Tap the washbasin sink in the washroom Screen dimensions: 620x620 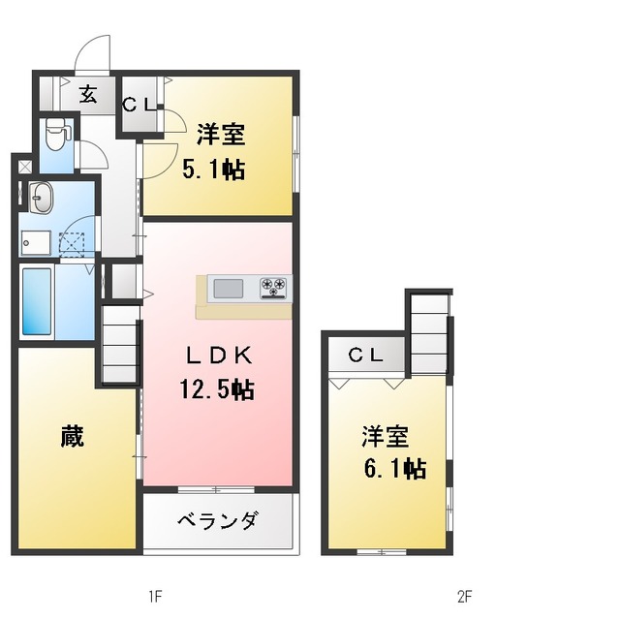[40, 198]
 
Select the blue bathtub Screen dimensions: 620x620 [37, 301]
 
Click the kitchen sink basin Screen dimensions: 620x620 [229, 289]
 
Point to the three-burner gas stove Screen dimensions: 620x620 [273, 288]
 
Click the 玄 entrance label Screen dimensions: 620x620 [88, 94]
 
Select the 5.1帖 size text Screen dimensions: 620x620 [213, 170]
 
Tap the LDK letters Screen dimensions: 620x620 [219, 356]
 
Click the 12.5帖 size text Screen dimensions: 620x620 [217, 389]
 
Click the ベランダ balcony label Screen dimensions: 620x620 [218, 520]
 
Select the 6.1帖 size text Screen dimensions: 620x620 [394, 469]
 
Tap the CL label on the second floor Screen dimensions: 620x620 [366, 356]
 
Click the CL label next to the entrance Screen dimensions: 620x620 [139, 105]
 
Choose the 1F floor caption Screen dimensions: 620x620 [155, 596]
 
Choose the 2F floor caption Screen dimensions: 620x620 [465, 596]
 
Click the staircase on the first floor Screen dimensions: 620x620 [120, 344]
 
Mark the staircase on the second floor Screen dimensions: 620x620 [428, 333]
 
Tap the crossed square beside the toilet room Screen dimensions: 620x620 [26, 167]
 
